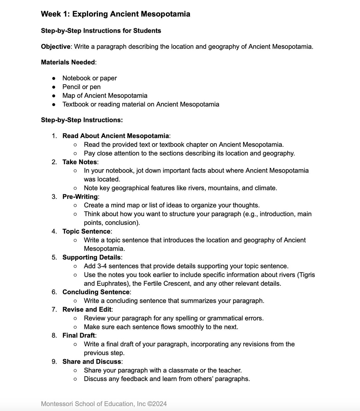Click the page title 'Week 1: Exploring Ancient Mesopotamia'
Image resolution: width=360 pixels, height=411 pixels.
pyautogui.click(x=115, y=14)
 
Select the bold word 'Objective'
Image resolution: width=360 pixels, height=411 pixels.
pyautogui.click(x=56, y=47)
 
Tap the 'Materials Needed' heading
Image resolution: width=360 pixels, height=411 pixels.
pyautogui.click(x=68, y=62)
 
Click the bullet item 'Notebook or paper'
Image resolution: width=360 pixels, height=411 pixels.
pyautogui.click(x=89, y=78)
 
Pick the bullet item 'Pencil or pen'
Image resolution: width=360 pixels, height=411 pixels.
pyautogui.click(x=81, y=87)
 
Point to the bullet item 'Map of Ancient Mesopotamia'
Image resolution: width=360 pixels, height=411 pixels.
pyautogui.click(x=105, y=95)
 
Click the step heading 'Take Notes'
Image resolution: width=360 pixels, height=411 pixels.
pyautogui.click(x=80, y=162)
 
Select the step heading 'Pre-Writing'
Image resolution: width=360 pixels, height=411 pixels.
pyautogui.click(x=80, y=197)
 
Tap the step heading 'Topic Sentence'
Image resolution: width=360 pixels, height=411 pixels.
pyautogui.click(x=86, y=231)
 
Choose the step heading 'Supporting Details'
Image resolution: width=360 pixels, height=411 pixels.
pyautogui.click(x=91, y=257)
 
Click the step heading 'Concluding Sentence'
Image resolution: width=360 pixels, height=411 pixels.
pyautogui.click(x=96, y=292)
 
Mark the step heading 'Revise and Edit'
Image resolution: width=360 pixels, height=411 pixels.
pyautogui.click(x=87, y=309)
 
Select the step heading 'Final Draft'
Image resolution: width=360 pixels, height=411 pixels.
pyautogui.click(x=78, y=335)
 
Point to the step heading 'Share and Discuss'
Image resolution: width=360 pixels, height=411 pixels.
pyautogui.click(x=92, y=361)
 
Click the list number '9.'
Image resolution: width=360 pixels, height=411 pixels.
pyautogui.click(x=54, y=361)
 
